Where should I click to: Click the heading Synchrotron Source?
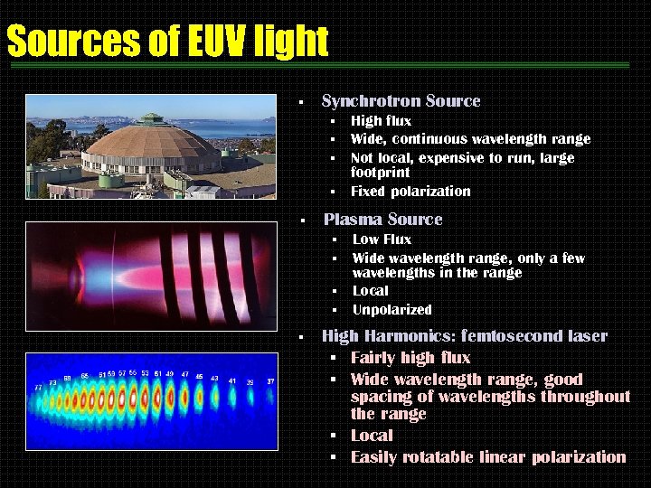pyautogui.click(x=401, y=101)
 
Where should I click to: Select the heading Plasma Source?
pyautogui.click(x=382, y=220)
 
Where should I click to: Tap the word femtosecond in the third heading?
pyautogui.click(x=506, y=336)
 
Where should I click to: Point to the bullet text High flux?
pyautogui.click(x=381, y=121)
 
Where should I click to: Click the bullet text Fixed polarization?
pyautogui.click(x=410, y=192)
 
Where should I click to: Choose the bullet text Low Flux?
pyautogui.click(x=382, y=239)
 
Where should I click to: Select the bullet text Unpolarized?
pyautogui.click(x=392, y=310)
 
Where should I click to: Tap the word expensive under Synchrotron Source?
pyautogui.click(x=453, y=158)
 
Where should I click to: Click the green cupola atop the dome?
pyautogui.click(x=150, y=118)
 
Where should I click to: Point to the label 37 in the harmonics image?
pyautogui.click(x=269, y=381)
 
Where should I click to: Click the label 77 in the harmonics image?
pyautogui.click(x=38, y=387)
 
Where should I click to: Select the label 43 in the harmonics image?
pyautogui.click(x=214, y=378)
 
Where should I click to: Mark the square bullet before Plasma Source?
pyautogui.click(x=305, y=221)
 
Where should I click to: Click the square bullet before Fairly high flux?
pyautogui.click(x=333, y=359)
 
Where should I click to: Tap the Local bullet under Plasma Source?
pyautogui.click(x=370, y=291)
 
